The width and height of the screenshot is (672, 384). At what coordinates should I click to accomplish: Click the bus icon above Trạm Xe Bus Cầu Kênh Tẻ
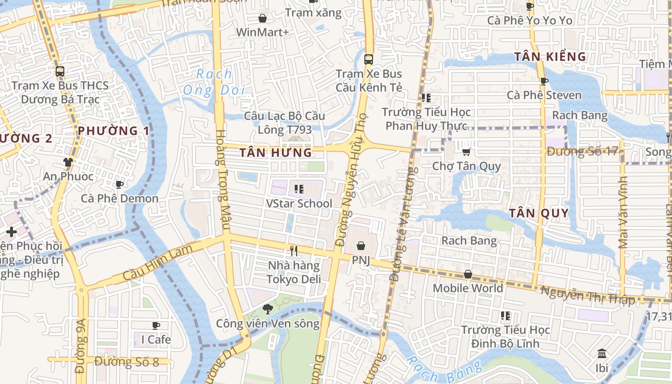point(369,60)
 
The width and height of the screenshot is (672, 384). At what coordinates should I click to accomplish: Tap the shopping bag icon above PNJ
point(361,246)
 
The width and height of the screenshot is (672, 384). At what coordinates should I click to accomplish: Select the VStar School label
point(299,204)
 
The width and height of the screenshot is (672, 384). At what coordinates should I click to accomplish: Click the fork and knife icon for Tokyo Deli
point(294,251)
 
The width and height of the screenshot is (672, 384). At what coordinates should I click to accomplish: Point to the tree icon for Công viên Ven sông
point(268,309)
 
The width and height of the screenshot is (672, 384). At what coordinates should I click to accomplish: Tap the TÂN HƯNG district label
point(276,153)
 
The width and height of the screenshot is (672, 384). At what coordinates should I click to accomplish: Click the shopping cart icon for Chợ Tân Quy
point(466,152)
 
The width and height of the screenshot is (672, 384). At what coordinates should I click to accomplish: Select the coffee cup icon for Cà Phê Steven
point(544,81)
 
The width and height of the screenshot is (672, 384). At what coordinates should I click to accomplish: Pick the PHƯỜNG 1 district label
point(114,131)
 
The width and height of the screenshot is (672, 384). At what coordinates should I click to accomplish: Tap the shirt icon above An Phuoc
point(68,162)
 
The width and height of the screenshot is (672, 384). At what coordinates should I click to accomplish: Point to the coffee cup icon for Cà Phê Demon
point(120,184)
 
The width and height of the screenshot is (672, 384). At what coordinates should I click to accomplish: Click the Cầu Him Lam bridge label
point(157,263)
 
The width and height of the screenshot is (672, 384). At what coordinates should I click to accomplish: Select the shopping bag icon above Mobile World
point(468,274)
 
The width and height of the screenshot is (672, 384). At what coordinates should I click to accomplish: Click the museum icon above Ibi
point(602,354)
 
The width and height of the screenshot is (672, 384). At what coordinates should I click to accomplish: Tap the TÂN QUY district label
point(539,213)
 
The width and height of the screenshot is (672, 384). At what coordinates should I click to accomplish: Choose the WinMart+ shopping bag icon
point(263,18)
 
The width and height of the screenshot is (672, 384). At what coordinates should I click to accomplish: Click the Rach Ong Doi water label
point(214,82)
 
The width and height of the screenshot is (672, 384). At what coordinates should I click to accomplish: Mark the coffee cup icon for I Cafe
point(156,325)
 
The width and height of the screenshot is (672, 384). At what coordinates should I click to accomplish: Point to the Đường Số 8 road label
point(127,361)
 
